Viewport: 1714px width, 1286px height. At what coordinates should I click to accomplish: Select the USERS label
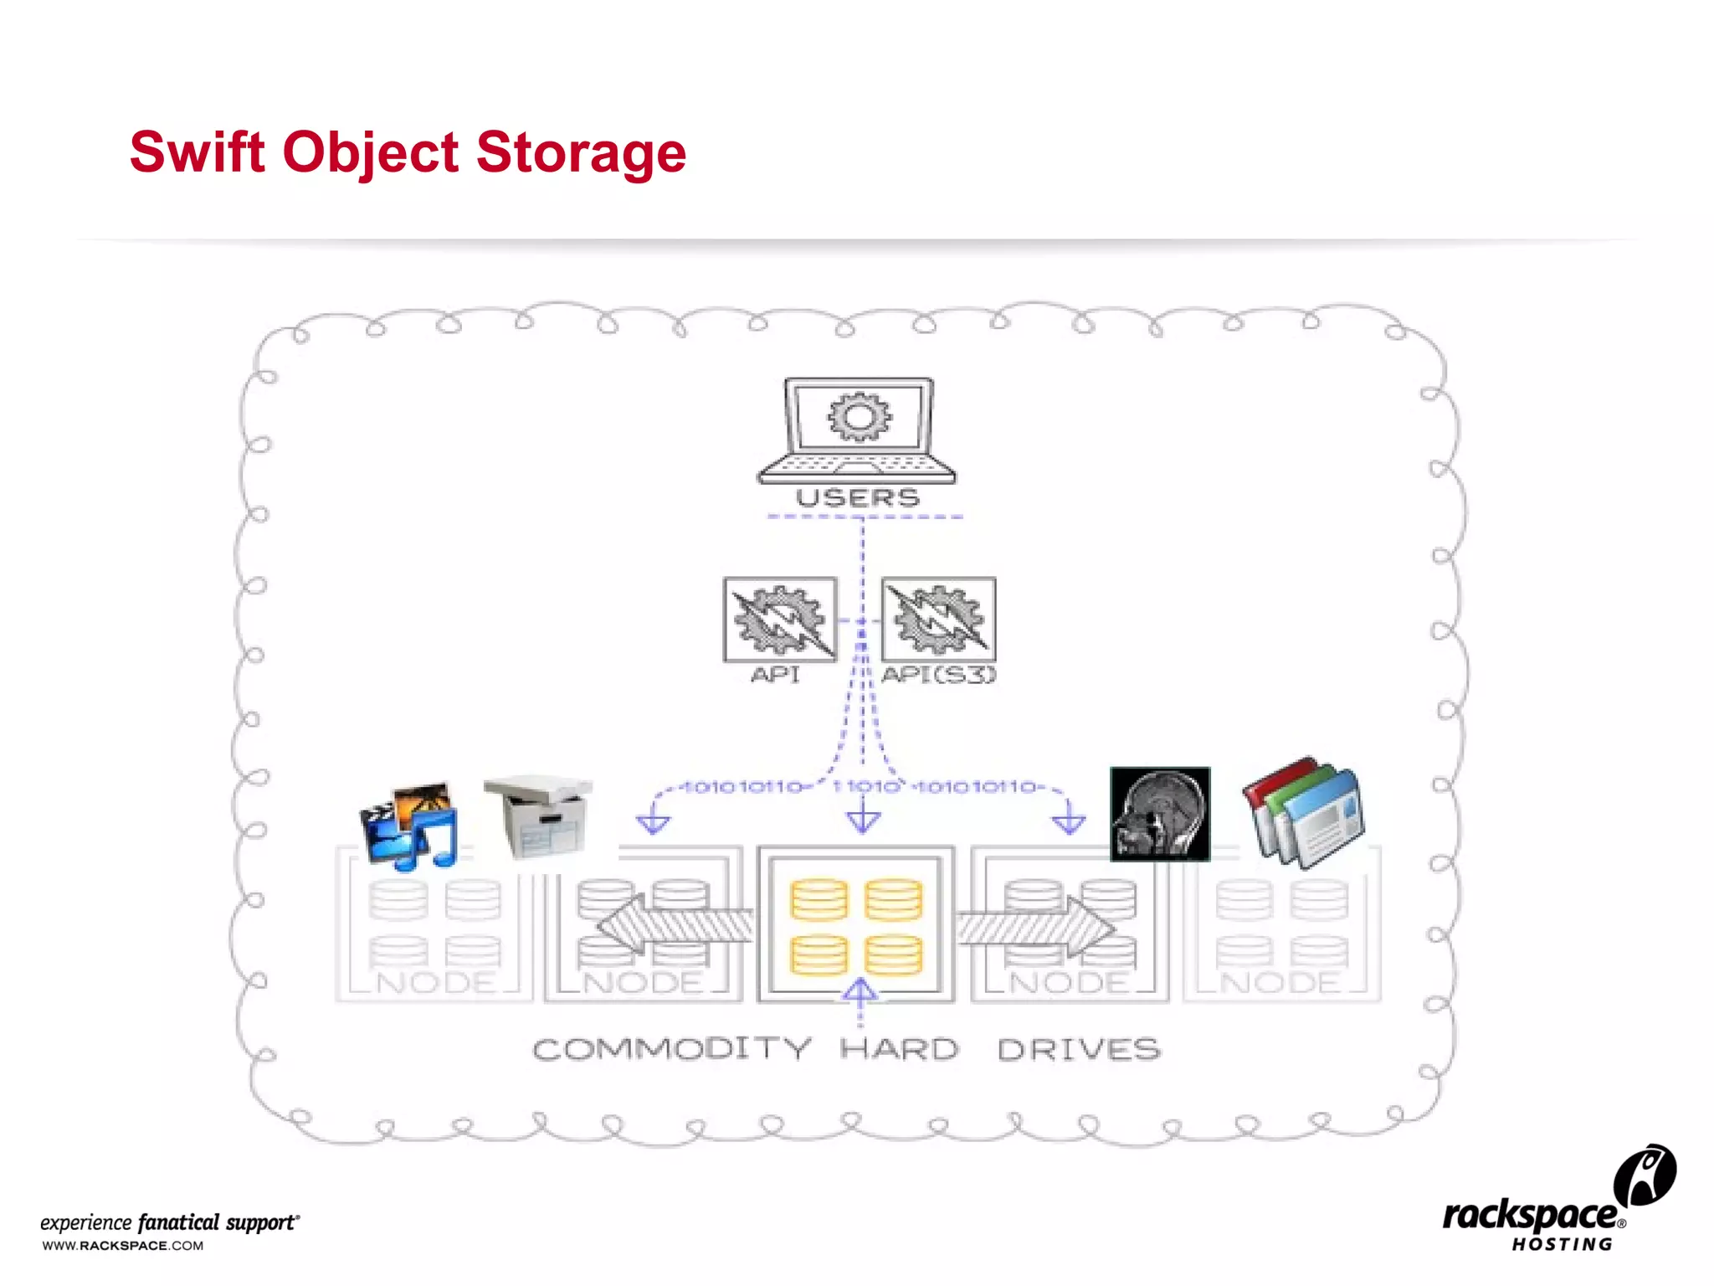pyautogui.click(x=857, y=498)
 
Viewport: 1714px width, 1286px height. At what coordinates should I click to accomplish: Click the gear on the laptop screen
pyautogui.click(x=860, y=417)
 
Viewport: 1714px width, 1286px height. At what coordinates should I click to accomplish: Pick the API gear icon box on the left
pyautogui.click(x=780, y=620)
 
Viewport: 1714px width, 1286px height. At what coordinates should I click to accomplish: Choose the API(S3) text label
pyautogui.click(x=939, y=675)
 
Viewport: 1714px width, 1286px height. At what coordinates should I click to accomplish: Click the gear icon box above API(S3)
pyautogui.click(x=938, y=620)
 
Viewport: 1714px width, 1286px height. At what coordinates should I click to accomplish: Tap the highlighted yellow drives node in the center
pyautogui.click(x=856, y=924)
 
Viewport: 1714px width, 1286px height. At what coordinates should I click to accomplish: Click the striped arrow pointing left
pyautogui.click(x=674, y=925)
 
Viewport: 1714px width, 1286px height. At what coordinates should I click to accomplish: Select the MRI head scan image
pyautogui.click(x=1160, y=814)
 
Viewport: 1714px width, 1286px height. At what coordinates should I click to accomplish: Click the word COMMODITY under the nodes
pyautogui.click(x=672, y=1049)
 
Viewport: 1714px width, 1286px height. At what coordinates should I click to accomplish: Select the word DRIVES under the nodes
pyautogui.click(x=1079, y=1049)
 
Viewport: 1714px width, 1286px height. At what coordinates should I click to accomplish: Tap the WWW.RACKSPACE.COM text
pyautogui.click(x=123, y=1246)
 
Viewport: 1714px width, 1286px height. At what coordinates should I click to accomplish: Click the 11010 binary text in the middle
pyautogui.click(x=865, y=787)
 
